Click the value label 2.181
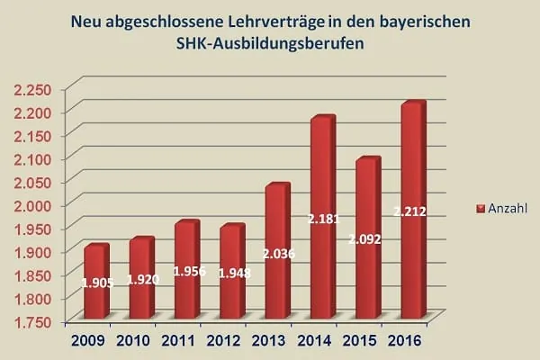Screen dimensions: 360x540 coord(321,219)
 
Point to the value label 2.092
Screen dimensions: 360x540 coord(366,241)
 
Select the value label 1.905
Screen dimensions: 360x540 coord(97,283)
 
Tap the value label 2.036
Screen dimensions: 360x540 coord(276,254)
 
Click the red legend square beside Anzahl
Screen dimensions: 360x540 coord(480,208)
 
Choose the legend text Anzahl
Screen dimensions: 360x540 coord(506,208)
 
